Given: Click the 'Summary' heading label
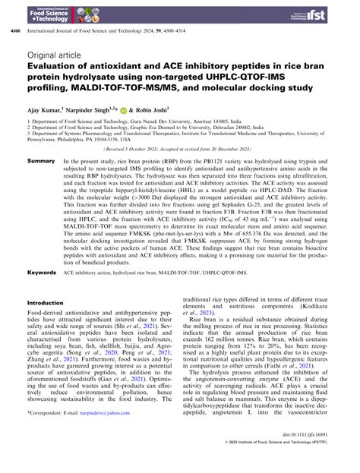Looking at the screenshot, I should coord(40,162).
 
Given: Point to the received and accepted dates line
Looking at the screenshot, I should coord(180,150).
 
